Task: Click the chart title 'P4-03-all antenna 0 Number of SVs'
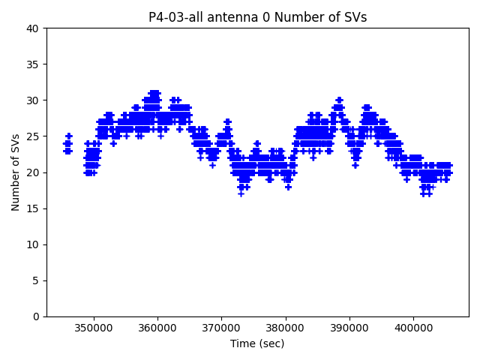(x=257, y=17)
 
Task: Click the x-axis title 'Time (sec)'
(x=257, y=343)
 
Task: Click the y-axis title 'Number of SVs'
(x=16, y=172)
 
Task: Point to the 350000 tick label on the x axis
(x=94, y=328)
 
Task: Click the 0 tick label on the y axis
(x=37, y=316)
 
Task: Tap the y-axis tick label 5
(x=37, y=280)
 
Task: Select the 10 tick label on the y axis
(x=34, y=244)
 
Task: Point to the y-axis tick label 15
(x=34, y=208)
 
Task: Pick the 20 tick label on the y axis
(x=34, y=172)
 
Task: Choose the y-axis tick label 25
(x=34, y=136)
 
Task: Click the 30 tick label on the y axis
(x=34, y=100)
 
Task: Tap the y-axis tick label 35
(x=34, y=64)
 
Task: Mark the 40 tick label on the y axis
(x=34, y=28)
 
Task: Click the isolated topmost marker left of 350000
(x=69, y=136)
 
